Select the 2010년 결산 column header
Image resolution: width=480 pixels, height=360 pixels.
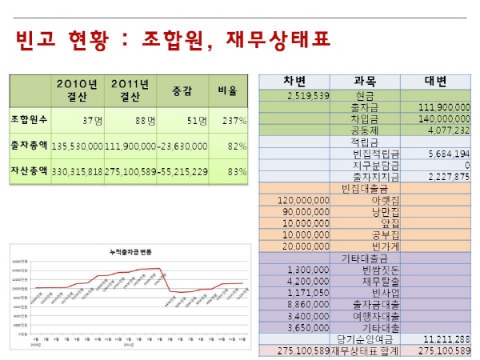point(77,91)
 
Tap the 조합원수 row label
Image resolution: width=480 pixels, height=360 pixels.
point(30,120)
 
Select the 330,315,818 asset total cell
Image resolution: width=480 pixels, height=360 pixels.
point(77,171)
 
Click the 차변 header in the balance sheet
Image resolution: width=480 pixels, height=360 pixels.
point(294,82)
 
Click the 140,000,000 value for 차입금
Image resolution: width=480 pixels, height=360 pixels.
point(442,117)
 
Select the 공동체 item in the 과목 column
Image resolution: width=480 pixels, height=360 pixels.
point(363,128)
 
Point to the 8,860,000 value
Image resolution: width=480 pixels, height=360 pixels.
point(308,305)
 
